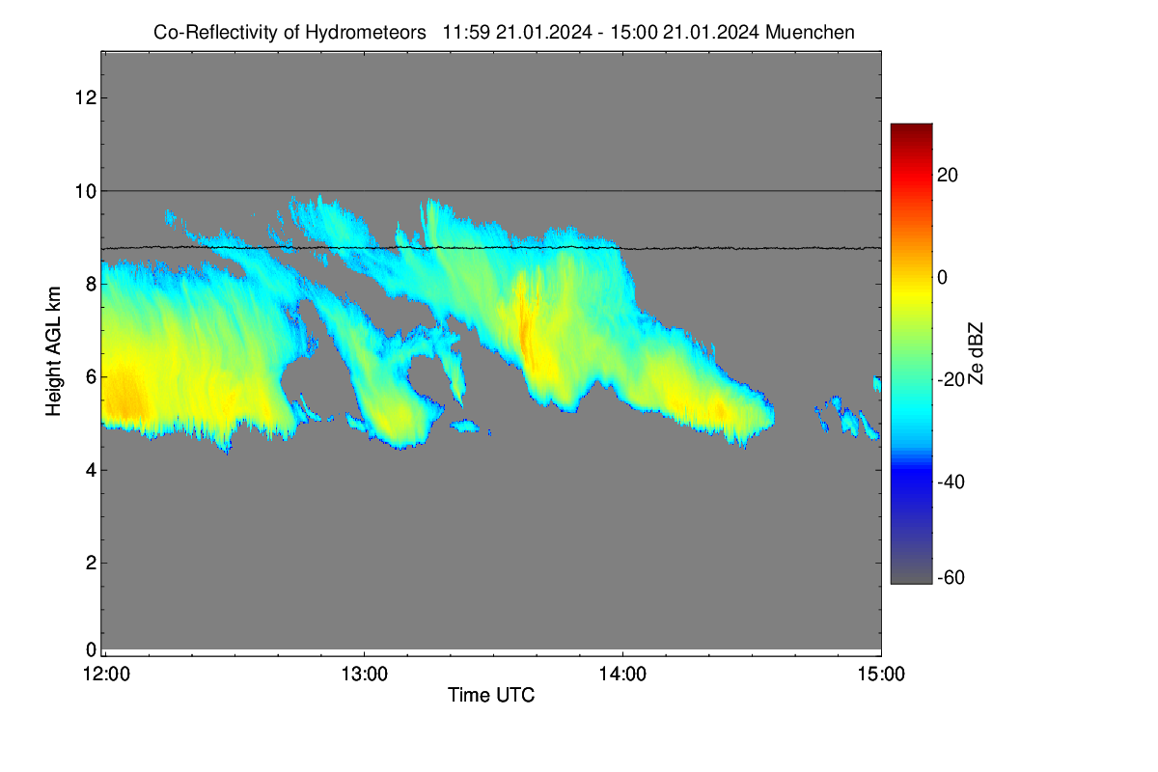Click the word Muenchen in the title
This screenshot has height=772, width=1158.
(x=810, y=33)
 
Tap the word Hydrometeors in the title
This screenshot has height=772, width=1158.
(x=366, y=33)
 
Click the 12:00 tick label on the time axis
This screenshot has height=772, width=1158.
(x=106, y=675)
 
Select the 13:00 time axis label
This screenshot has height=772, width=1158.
(x=364, y=675)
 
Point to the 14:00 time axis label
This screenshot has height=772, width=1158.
(x=622, y=675)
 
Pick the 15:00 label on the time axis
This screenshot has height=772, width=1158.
(x=881, y=675)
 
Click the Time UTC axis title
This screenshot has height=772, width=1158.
(x=491, y=695)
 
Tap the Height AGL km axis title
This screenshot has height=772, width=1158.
(x=53, y=351)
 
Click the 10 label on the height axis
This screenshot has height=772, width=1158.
(x=86, y=191)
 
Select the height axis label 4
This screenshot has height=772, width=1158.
(x=92, y=471)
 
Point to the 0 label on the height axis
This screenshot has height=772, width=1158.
(x=92, y=649)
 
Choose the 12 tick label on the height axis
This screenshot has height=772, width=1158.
(x=86, y=97)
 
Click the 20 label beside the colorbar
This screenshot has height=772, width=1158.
(x=948, y=176)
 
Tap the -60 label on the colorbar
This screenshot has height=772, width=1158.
(x=951, y=578)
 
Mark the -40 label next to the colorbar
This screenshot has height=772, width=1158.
(x=951, y=482)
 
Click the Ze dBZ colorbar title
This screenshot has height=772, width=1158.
(x=975, y=353)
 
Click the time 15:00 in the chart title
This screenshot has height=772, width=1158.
(x=634, y=33)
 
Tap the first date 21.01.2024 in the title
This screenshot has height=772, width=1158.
(x=544, y=33)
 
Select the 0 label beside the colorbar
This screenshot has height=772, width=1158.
(x=943, y=278)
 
